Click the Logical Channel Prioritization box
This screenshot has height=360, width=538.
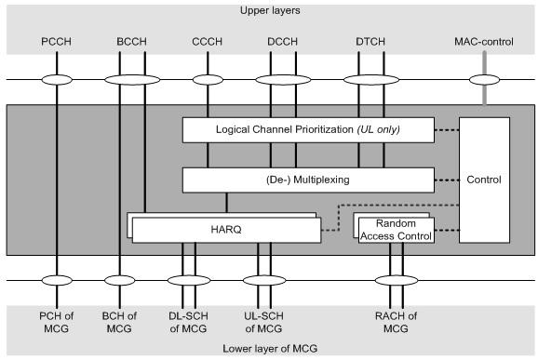(x=307, y=129)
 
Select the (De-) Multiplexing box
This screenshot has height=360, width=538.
(x=307, y=179)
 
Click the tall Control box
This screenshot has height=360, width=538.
(x=485, y=180)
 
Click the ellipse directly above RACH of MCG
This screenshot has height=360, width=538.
(x=396, y=280)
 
